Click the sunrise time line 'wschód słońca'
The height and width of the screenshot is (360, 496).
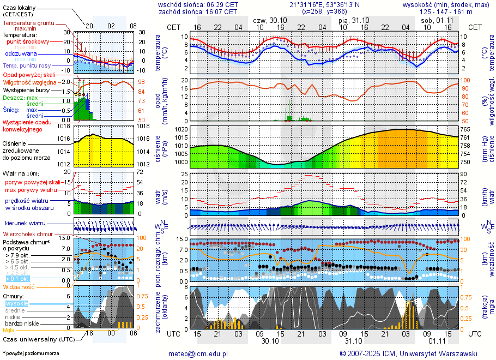click(x=198, y=4)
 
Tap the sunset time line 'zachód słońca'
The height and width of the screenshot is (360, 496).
click(x=197, y=11)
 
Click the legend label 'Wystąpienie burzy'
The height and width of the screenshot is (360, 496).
click(x=26, y=89)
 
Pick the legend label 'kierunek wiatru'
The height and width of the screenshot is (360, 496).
click(x=25, y=224)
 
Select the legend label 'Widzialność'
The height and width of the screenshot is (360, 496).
click(x=19, y=286)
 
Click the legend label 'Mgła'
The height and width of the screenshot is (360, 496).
click(x=9, y=330)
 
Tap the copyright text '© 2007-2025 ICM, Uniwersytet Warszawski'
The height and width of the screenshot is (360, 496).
click(x=408, y=353)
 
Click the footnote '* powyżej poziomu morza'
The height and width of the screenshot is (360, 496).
click(x=31, y=353)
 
